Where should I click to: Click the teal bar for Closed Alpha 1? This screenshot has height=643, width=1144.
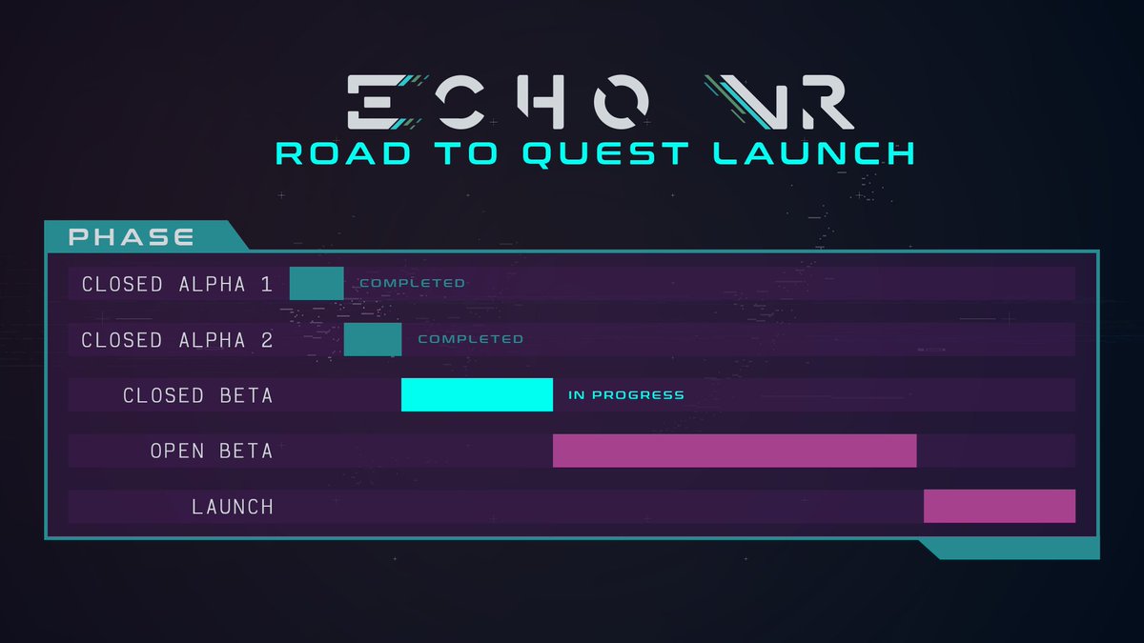(317, 283)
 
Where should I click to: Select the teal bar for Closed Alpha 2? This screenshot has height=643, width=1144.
(373, 339)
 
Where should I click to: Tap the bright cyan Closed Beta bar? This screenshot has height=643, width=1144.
(477, 394)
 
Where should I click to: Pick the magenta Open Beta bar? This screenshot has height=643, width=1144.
(734, 451)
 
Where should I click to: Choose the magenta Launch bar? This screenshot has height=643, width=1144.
(999, 506)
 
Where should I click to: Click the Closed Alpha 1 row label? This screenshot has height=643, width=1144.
(177, 284)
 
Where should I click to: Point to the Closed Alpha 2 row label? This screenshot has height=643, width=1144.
(177, 340)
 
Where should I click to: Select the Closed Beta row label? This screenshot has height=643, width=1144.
(197, 395)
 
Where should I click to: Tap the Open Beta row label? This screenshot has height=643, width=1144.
(211, 451)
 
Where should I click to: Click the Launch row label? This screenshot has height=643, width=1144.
(232, 507)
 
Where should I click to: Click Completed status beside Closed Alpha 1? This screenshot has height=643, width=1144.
(412, 283)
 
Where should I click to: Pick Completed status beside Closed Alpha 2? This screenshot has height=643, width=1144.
(470, 339)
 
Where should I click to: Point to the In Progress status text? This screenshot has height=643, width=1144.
(626, 394)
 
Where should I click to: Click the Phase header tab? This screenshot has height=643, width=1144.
(132, 236)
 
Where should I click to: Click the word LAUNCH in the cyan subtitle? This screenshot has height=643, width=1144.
(815, 153)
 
